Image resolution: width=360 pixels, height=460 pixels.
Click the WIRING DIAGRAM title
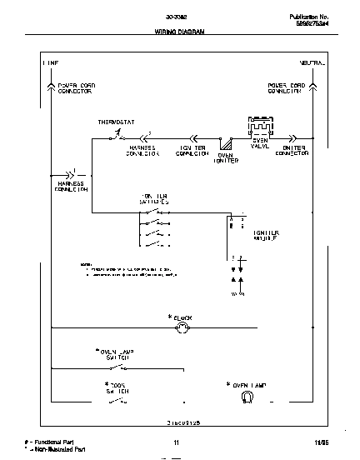coord(179,31)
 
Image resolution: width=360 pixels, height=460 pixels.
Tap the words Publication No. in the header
coord(310,16)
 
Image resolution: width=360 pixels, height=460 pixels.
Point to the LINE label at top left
coord(50,63)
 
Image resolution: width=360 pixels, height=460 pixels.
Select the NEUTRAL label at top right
coord(312,63)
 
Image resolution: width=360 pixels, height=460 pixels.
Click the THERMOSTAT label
coord(115,122)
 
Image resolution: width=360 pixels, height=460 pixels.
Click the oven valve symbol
coord(260,127)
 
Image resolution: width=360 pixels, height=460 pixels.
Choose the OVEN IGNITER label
coord(225,157)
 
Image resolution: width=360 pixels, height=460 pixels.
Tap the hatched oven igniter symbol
coord(224,142)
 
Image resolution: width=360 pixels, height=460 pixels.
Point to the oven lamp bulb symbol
coord(245,397)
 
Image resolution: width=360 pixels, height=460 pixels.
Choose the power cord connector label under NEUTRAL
coord(285,88)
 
